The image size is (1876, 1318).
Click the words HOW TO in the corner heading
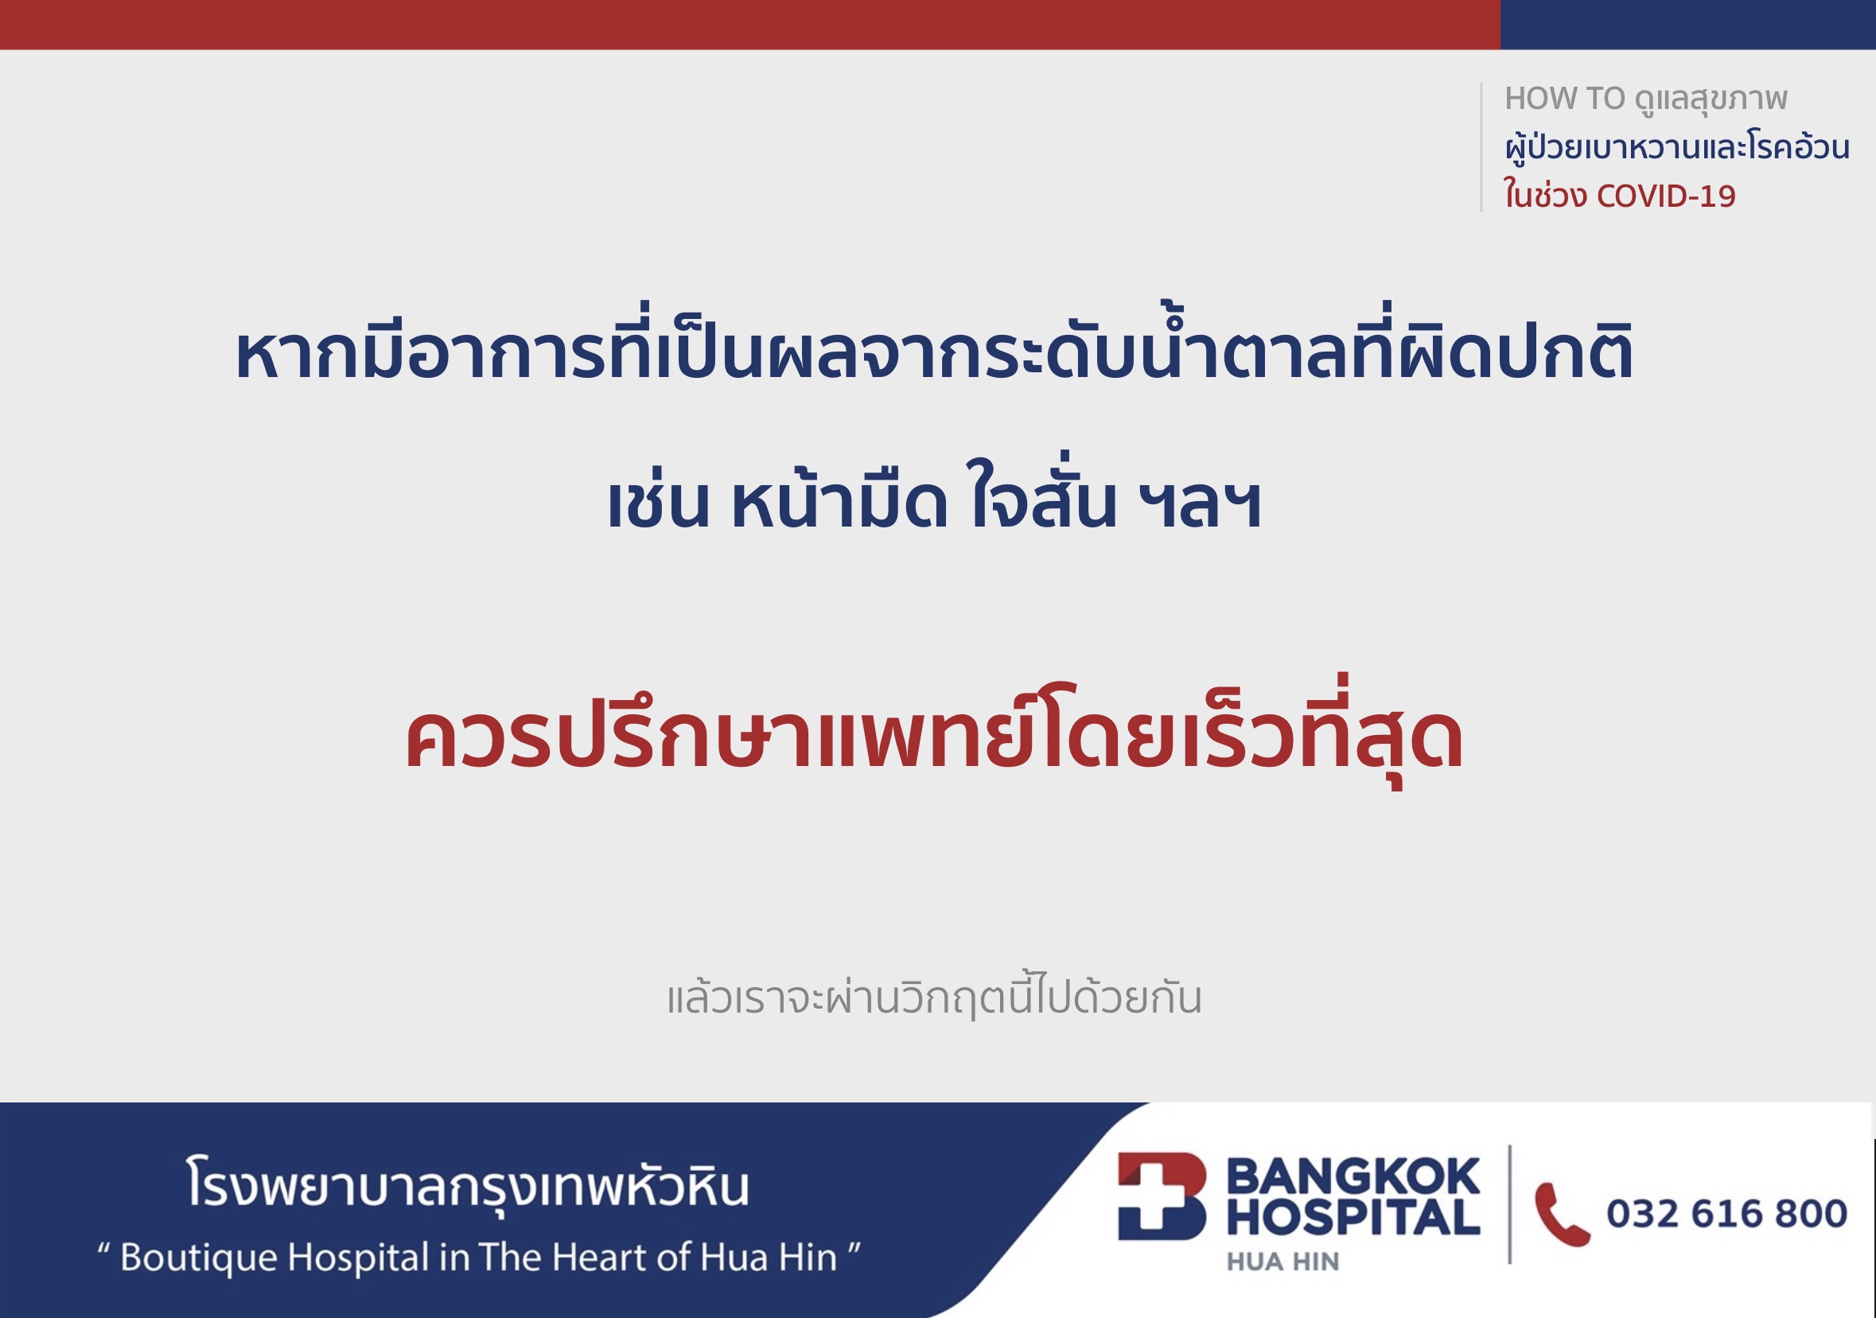point(1565,99)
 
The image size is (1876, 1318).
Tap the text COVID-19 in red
point(1666,196)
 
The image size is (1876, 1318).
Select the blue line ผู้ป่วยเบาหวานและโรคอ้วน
point(1677,147)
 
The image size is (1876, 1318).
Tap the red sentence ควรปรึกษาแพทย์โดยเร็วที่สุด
point(934,732)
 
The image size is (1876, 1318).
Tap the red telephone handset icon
point(1562,1214)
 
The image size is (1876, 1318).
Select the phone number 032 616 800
point(1726,1214)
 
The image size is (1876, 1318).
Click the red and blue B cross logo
point(1161,1196)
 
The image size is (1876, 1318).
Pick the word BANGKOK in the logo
point(1353,1176)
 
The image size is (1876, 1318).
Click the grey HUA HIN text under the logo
point(1282,1262)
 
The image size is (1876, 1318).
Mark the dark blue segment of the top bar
point(1688,25)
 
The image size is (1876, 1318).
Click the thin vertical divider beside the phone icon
point(1509,1204)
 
